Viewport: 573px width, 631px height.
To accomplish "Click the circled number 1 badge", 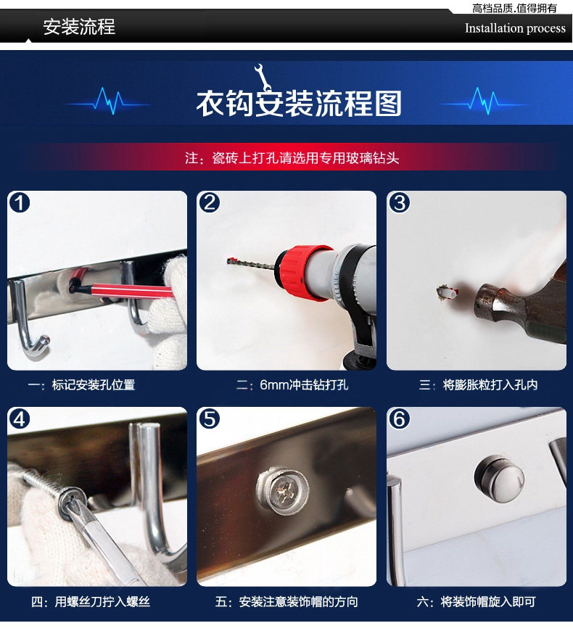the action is click(x=20, y=202).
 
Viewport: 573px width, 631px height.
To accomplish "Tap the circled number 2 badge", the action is click(x=209, y=202).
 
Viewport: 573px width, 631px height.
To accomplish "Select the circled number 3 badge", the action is click(x=399, y=202).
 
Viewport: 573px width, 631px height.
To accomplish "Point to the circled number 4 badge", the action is click(x=20, y=419).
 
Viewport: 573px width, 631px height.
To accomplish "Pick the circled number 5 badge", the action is click(x=209, y=419).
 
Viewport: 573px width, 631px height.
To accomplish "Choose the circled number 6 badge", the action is click(x=399, y=419).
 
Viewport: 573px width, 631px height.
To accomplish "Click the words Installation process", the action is click(x=515, y=28).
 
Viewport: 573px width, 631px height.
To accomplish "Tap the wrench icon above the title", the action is click(x=262, y=78).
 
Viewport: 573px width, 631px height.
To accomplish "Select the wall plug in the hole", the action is click(x=446, y=292).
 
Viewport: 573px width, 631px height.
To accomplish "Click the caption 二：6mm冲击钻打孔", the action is click(x=292, y=385).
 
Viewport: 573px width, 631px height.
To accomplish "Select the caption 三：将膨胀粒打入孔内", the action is click(x=478, y=385).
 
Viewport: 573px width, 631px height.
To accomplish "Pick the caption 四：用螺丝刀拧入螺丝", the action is click(x=91, y=602).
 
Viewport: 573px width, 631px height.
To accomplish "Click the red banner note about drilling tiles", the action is click(x=292, y=158).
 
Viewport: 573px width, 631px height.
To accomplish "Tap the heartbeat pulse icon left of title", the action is click(x=109, y=101).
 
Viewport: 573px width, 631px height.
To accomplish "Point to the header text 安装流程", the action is click(x=79, y=27).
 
